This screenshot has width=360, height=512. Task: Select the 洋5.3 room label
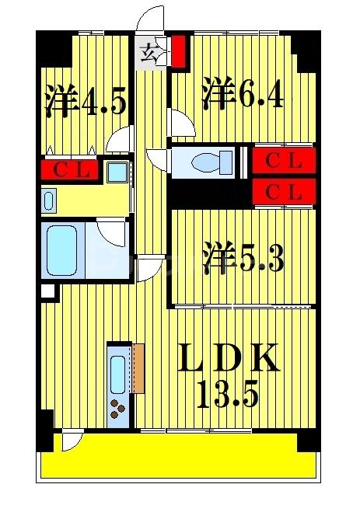(x=243, y=258)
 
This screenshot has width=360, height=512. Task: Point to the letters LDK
(x=228, y=360)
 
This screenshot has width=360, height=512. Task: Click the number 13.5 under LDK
(x=227, y=397)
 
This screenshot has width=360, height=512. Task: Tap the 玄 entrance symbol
(x=150, y=54)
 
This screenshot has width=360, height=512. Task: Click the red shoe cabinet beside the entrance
(x=179, y=51)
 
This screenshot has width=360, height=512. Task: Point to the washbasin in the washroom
(x=48, y=201)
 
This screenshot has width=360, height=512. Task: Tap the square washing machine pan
(x=119, y=171)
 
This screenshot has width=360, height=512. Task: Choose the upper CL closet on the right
(x=284, y=161)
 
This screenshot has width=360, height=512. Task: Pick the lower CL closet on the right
(x=284, y=193)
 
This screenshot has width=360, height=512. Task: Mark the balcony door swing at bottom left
(x=72, y=441)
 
